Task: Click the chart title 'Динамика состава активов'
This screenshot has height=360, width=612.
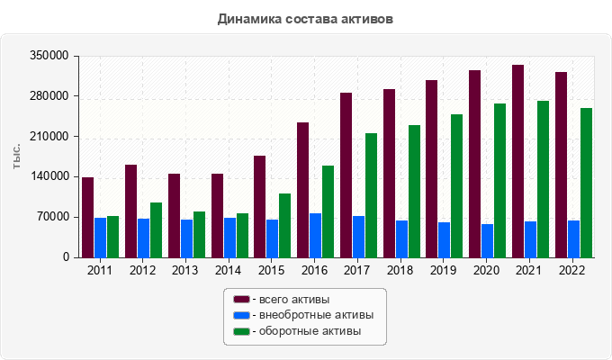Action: pos(305,19)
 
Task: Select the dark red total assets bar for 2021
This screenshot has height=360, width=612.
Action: pos(517,161)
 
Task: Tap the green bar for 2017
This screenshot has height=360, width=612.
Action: pos(371,195)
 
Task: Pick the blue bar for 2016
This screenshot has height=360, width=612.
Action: pos(315,236)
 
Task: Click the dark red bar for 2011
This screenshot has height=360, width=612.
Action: pos(88,218)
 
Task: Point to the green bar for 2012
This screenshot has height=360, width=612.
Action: pos(156,230)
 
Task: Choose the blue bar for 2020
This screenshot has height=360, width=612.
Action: pos(488,241)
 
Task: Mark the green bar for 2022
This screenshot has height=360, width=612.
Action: pos(586,183)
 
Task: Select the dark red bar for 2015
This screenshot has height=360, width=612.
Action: pos(259,207)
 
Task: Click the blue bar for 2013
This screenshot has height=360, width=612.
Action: pos(186,238)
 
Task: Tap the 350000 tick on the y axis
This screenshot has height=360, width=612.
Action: pos(49,56)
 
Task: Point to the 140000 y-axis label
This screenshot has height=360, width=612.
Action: pos(49,176)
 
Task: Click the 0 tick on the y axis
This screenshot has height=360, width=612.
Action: pos(66,257)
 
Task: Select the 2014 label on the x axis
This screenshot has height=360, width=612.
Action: pos(229,270)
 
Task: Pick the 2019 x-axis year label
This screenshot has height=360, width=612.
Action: pos(443,270)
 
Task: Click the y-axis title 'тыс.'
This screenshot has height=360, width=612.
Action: pos(16,157)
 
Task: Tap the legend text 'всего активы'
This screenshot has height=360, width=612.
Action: pos(294,300)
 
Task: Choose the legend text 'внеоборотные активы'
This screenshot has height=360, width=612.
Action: pos(317,315)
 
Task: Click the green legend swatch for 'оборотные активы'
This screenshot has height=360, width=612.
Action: pos(241,331)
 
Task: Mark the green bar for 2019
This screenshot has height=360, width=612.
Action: pos(456,186)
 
